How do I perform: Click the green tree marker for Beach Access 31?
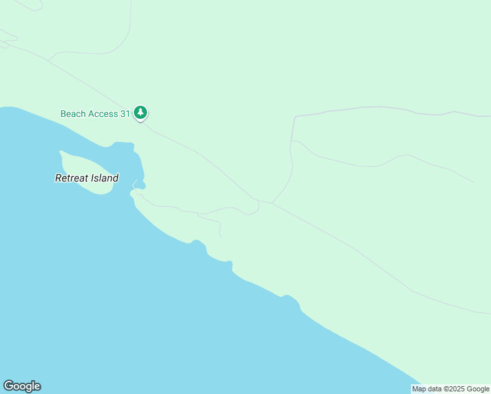coord(140,113)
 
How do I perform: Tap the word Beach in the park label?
coord(73,114)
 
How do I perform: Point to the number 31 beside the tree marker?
coord(125,114)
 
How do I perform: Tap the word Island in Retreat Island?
coord(104,178)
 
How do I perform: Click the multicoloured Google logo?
coord(22,386)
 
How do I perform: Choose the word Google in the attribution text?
coord(478,389)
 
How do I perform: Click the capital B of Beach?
coord(64,114)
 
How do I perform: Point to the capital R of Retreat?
coord(58,178)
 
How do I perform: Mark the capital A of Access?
coord(91,114)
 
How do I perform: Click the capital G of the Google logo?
coord(8,386)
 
